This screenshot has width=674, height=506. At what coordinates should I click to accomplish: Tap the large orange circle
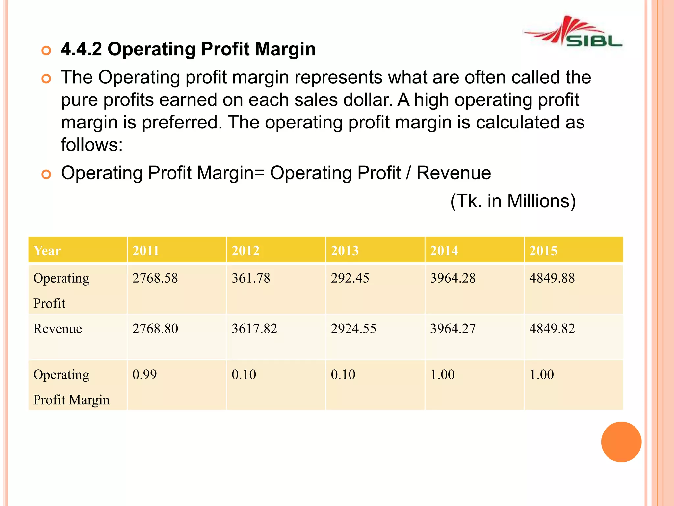coord(621,442)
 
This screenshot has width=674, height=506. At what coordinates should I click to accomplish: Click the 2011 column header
coord(146,251)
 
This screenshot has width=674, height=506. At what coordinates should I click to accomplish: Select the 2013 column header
coord(345,251)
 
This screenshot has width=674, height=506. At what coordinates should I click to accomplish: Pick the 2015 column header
coord(543,251)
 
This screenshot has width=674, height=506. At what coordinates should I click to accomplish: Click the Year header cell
coord(47,251)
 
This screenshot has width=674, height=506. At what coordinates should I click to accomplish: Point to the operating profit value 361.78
coord(251,278)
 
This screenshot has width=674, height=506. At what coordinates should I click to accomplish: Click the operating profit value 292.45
coord(350,278)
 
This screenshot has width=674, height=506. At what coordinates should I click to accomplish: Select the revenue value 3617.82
coord(254,329)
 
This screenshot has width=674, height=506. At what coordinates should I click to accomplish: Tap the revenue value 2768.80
coord(155,329)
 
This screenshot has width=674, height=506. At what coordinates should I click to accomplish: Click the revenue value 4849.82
coord(552,329)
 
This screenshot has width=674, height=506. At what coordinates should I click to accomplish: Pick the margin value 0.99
coord(144,375)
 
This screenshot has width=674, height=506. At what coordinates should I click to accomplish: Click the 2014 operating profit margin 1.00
coord(442,375)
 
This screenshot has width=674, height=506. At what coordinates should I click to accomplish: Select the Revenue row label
coord(58,329)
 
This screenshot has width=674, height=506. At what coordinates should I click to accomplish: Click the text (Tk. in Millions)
coord(513,201)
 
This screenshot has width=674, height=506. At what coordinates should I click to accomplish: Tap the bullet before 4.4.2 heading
coord(46,50)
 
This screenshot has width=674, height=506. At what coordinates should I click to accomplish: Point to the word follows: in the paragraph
coord(92,145)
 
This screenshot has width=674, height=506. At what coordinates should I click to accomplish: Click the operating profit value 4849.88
coord(552,278)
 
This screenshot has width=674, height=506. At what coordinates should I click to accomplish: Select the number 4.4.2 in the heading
coord(81,49)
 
